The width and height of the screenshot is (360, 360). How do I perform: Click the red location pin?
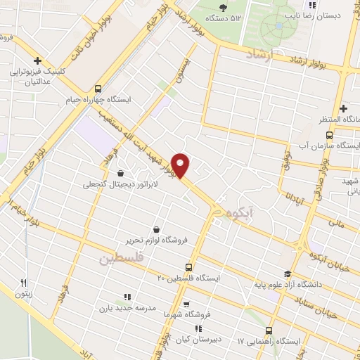tap(181, 165)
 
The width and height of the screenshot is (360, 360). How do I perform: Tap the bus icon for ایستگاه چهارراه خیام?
tap(97, 89)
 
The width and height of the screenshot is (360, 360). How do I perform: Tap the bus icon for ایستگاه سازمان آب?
tap(329, 135)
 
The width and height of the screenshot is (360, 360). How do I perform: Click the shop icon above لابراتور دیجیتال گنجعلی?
tap(121, 173)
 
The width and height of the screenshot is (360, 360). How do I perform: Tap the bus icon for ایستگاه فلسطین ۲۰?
tap(188, 267)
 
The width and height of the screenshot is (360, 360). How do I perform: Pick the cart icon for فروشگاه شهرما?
tap(186, 304)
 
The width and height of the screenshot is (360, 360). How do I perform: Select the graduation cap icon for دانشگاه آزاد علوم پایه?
tap(287, 274)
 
